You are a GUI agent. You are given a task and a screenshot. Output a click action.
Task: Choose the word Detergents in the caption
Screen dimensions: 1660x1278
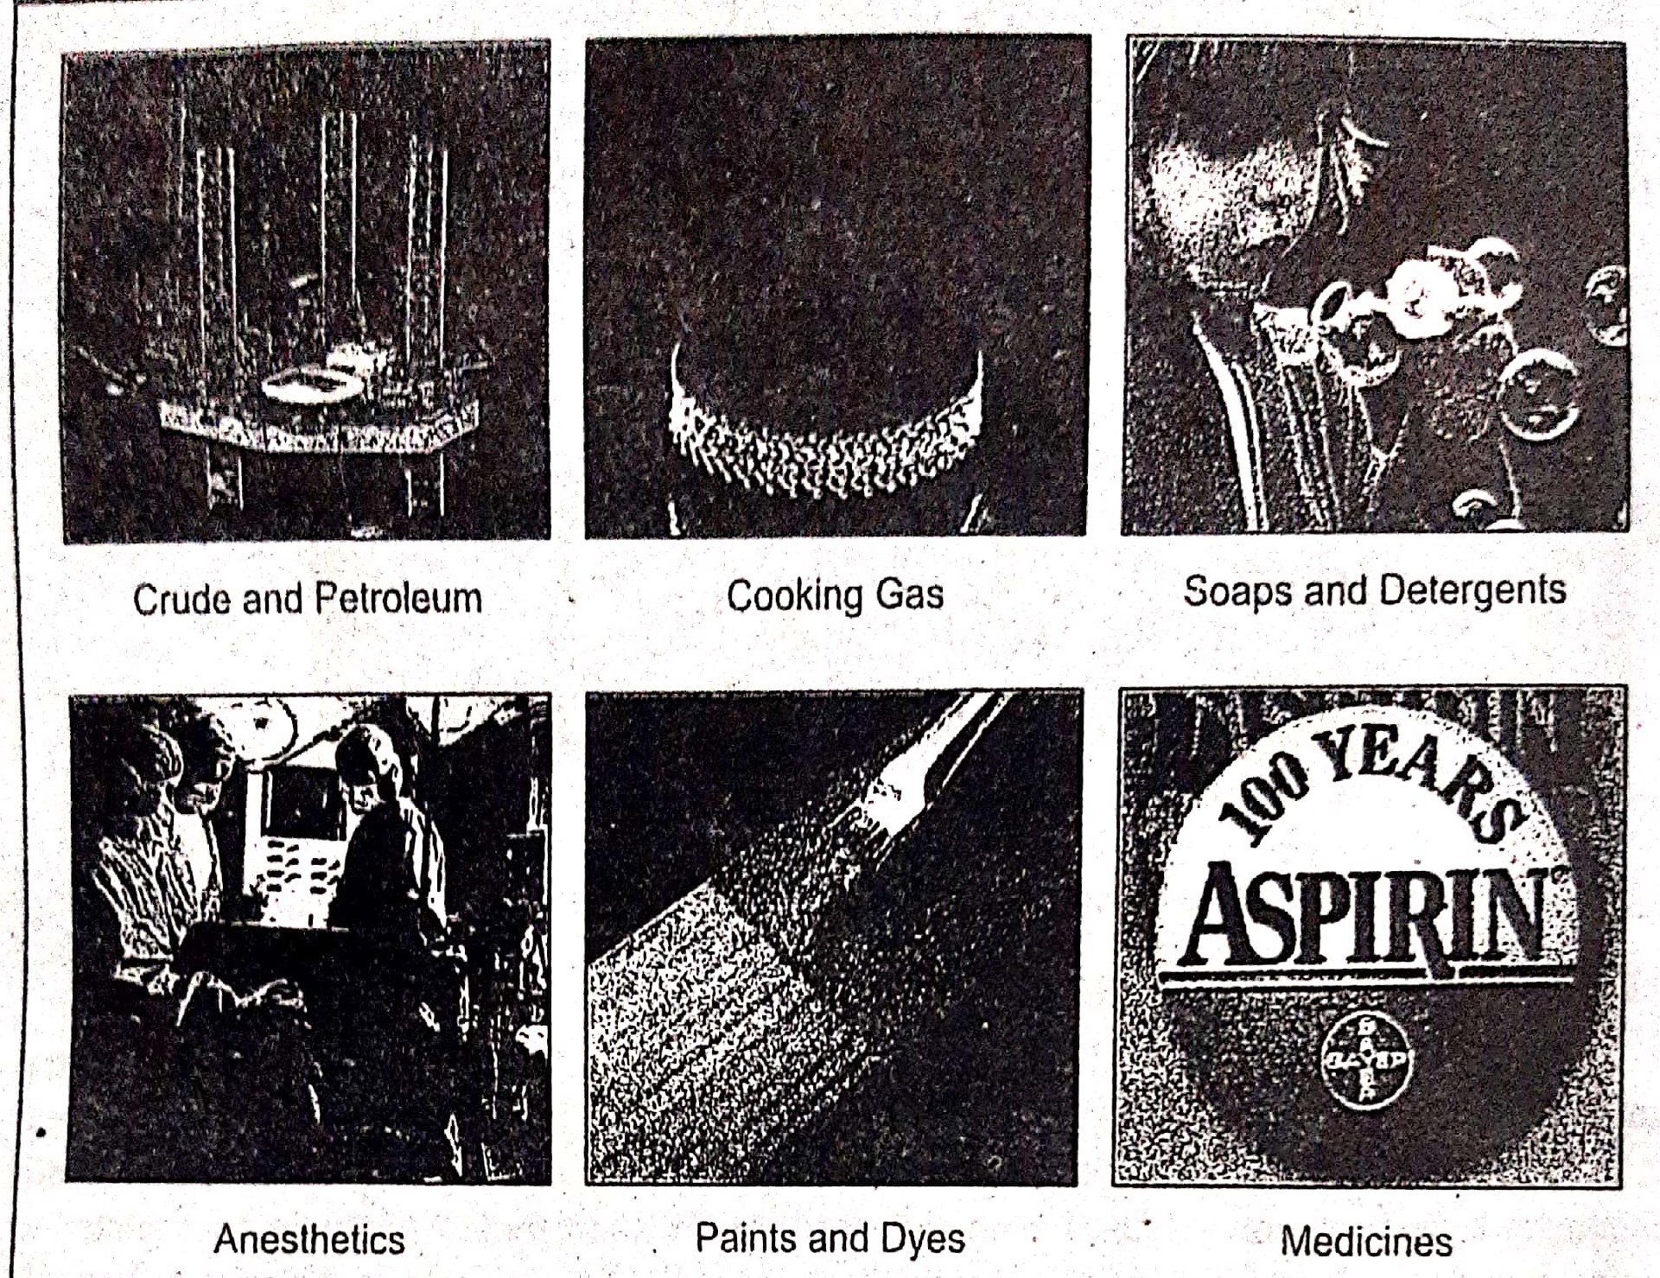point(1472,591)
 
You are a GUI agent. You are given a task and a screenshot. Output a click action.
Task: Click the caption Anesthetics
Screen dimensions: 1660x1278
point(309,1239)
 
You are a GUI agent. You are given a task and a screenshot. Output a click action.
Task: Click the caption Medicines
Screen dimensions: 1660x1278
point(1366,1241)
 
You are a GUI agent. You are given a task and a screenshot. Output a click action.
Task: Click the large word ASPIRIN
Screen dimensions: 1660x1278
point(1365,919)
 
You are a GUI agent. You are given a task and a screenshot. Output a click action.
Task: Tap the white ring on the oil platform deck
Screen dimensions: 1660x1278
point(312,385)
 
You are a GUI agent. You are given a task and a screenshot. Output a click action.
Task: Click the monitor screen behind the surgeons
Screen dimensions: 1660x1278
point(298,804)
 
